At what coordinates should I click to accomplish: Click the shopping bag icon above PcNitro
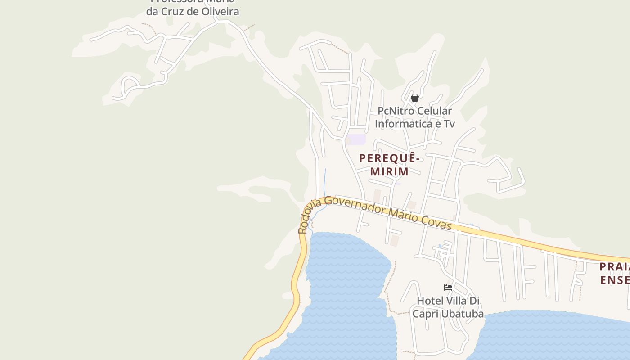[415, 98]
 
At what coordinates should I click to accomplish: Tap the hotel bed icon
[448, 287]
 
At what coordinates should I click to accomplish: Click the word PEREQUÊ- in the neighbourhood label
[390, 158]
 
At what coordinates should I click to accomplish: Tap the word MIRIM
[389, 171]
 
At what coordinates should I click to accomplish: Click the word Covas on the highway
[436, 222]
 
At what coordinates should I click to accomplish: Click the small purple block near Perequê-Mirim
[356, 139]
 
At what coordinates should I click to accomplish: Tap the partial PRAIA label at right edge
[615, 267]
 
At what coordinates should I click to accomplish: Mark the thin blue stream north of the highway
[325, 180]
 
